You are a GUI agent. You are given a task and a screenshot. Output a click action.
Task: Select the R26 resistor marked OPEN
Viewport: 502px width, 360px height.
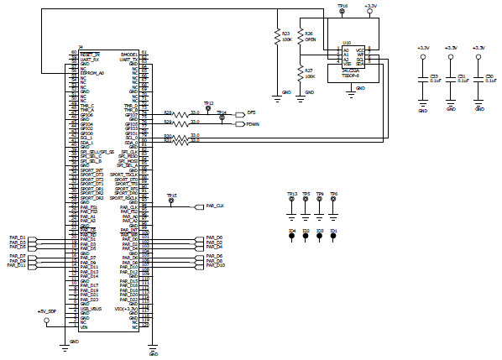(x=300, y=39)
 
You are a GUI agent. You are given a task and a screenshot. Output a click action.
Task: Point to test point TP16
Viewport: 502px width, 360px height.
(x=342, y=11)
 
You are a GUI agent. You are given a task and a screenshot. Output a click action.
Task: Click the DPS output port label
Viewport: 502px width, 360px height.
(x=249, y=112)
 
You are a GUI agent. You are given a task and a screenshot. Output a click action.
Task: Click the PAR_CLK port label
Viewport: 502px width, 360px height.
(x=214, y=206)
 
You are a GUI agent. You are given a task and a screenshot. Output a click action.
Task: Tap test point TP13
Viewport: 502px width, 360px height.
(x=292, y=201)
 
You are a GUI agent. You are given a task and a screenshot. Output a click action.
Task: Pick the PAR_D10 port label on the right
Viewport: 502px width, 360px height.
(x=214, y=265)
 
